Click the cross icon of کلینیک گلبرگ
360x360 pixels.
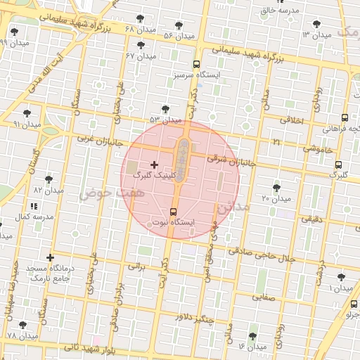point(154,165)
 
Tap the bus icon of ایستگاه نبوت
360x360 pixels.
point(174,211)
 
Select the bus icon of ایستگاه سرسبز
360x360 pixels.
point(196,63)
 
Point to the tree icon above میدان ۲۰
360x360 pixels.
point(276,188)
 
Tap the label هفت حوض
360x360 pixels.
point(96,192)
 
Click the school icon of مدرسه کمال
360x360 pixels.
point(34,206)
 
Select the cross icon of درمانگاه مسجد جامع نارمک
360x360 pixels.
point(50,258)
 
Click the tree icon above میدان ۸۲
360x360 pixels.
point(49,179)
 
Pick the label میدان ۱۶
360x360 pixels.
point(252,347)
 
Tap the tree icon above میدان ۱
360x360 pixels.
point(341,278)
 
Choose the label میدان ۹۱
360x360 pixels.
point(27,124)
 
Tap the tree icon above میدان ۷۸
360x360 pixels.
point(22,325)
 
